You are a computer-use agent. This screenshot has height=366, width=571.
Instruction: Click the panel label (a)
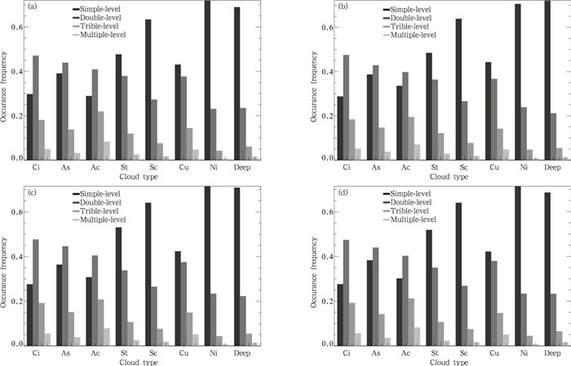click(x=31, y=7)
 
